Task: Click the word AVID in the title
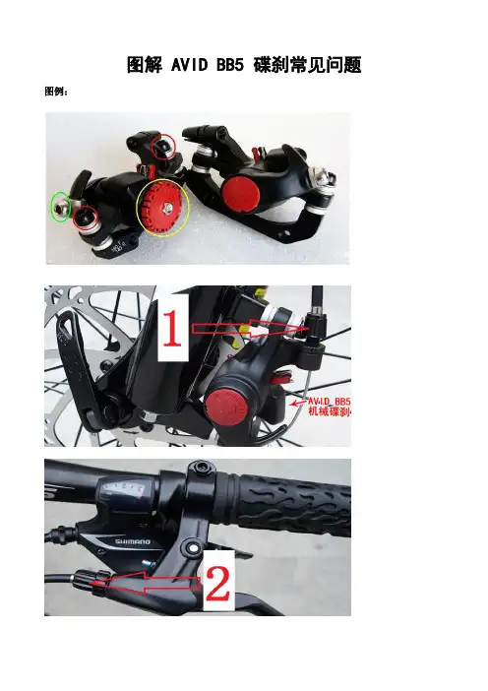(189, 65)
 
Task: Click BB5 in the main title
(230, 65)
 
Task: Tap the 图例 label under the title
(54, 92)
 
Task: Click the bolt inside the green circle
(60, 207)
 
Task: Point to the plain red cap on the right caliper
(240, 193)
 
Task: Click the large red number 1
(173, 327)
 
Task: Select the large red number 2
(218, 584)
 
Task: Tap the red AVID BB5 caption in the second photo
(329, 402)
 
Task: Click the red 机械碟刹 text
(329, 411)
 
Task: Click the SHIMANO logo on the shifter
(133, 541)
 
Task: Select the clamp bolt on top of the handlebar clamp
(202, 467)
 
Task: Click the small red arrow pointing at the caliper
(297, 403)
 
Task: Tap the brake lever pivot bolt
(193, 547)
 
